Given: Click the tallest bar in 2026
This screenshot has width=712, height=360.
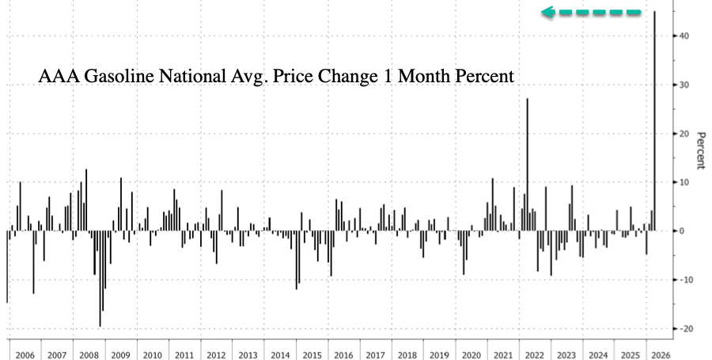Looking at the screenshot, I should tap(654, 119).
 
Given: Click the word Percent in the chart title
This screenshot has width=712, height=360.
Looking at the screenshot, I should tap(483, 78).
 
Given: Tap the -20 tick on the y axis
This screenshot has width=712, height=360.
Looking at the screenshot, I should tap(683, 328).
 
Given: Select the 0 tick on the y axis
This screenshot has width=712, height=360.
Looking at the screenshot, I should tap(679, 231).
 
